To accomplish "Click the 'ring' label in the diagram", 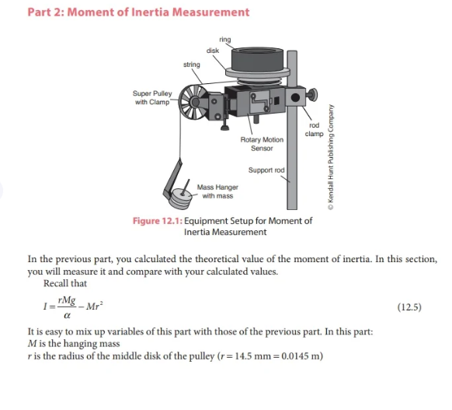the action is click(225, 40).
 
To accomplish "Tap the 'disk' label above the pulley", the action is click(213, 51).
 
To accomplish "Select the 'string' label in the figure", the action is click(192, 65).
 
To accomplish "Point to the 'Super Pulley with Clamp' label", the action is click(152, 97).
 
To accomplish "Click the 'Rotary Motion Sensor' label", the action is click(262, 144).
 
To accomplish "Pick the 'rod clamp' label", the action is click(315, 129).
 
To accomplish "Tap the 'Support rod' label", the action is click(266, 170).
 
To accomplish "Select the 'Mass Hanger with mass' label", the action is click(217, 191).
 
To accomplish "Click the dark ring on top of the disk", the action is click(257, 60).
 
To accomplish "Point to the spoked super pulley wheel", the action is click(193, 102).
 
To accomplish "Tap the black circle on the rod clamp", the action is click(295, 97).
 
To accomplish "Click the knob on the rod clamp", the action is click(312, 95).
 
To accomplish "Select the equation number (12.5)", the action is click(409, 307).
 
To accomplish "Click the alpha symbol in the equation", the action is click(67, 315).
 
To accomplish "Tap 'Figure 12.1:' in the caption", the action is click(158, 221).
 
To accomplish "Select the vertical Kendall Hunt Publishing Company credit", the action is click(331, 157).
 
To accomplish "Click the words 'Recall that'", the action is click(65, 283).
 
